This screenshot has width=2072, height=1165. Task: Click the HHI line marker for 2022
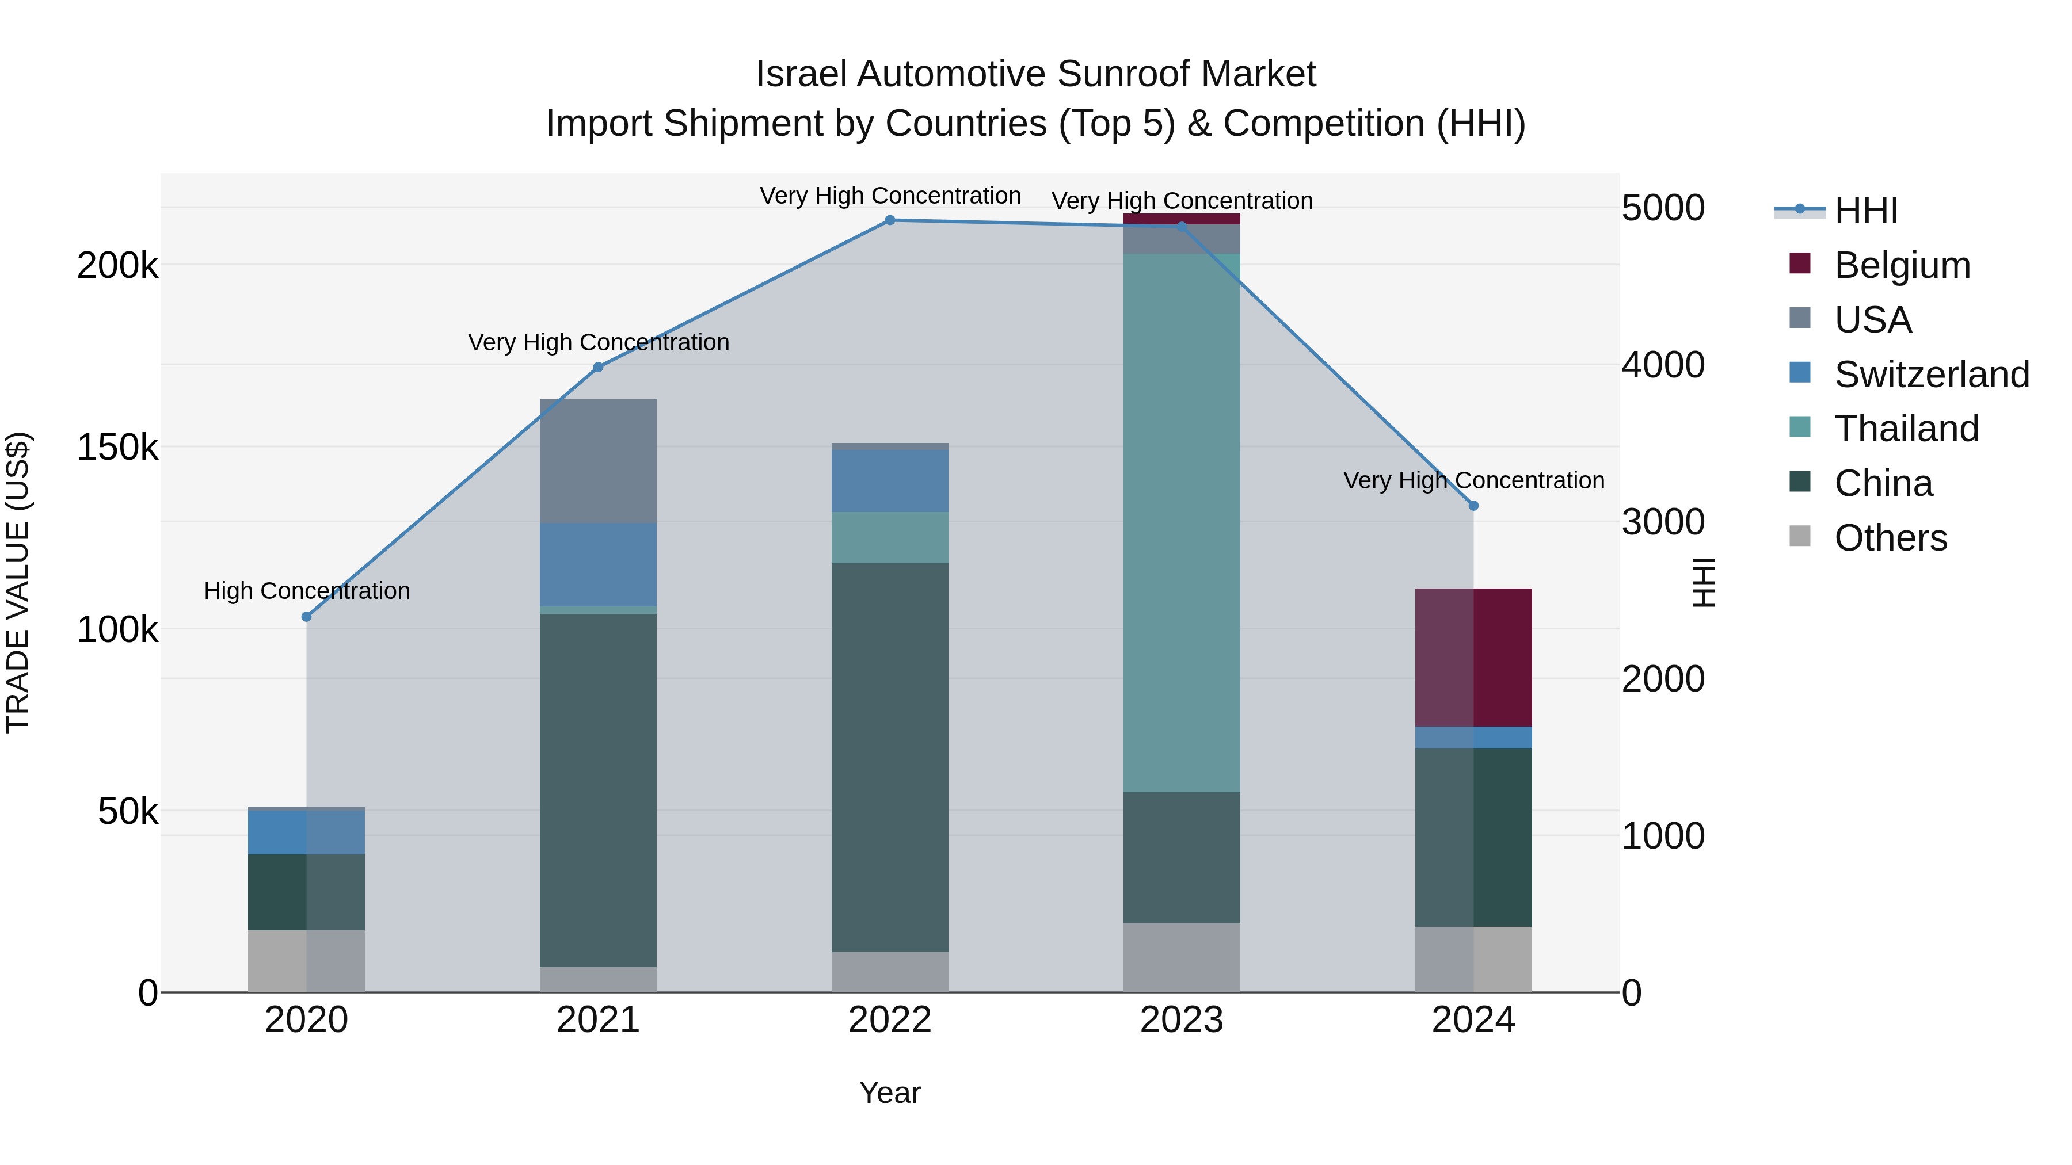[x=890, y=220]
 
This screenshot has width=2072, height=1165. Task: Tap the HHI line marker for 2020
[x=306, y=617]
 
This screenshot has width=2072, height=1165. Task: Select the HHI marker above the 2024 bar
[x=1473, y=506]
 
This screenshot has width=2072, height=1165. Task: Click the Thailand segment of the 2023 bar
[x=1182, y=522]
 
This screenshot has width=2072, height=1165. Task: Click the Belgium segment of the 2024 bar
[x=1473, y=658]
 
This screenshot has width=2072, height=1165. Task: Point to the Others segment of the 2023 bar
[x=1182, y=957]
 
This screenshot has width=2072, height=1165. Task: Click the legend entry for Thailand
[x=1906, y=429]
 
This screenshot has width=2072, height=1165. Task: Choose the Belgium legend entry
[x=1902, y=265]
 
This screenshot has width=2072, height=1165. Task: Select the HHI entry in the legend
[x=1865, y=211]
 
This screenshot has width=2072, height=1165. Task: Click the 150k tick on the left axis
[x=117, y=447]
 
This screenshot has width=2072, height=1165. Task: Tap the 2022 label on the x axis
[x=890, y=1020]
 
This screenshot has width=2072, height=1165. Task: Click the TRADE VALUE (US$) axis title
[x=18, y=582]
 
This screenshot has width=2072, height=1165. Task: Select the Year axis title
[x=890, y=1093]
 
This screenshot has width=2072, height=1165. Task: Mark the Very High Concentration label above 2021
[x=599, y=342]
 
